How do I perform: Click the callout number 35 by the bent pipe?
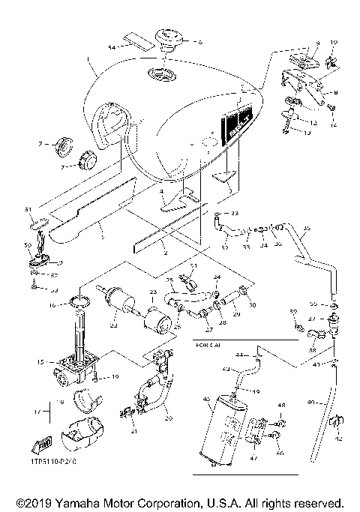(x=306, y=227)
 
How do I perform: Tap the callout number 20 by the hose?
(x=168, y=418)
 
